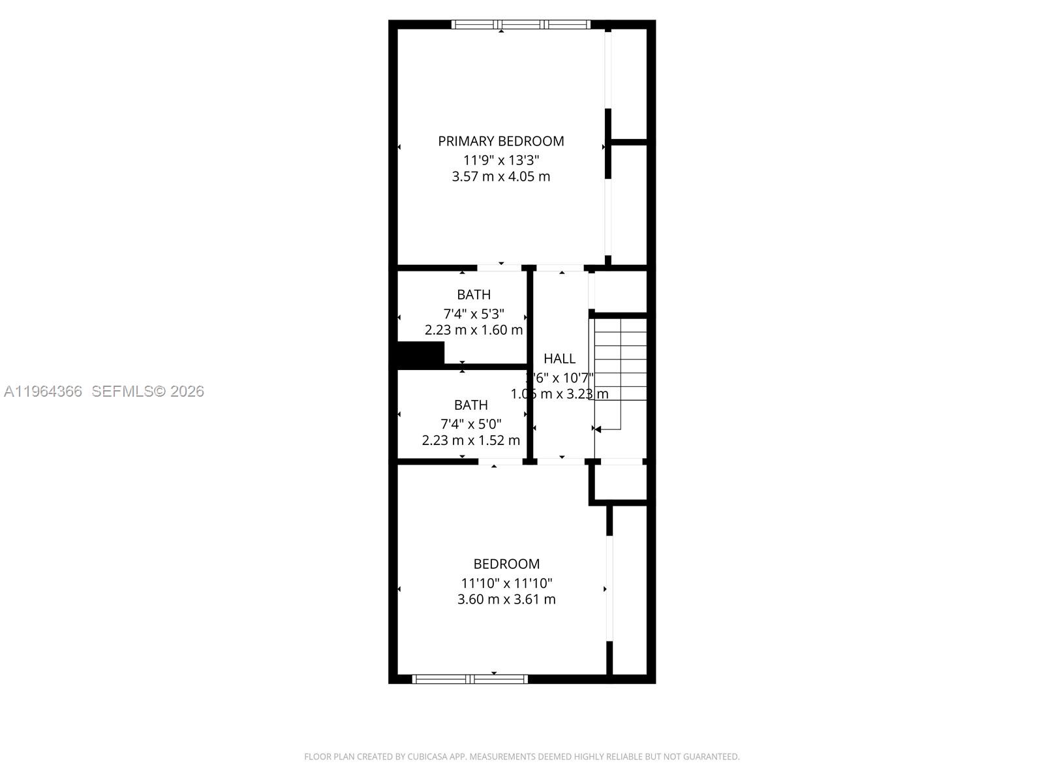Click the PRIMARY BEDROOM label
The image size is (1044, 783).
pyautogui.click(x=500, y=141)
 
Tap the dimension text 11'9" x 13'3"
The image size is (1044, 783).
pyautogui.click(x=501, y=160)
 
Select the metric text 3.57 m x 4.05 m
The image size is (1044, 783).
pyautogui.click(x=500, y=177)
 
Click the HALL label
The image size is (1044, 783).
pyautogui.click(x=559, y=358)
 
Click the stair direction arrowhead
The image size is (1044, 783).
pyautogui.click(x=597, y=429)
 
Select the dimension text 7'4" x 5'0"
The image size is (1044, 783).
pyautogui.click(x=471, y=423)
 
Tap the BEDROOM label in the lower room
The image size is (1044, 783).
pyautogui.click(x=506, y=564)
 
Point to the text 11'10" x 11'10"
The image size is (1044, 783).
pyautogui.click(x=506, y=583)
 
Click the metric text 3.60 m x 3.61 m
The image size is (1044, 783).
pyautogui.click(x=506, y=600)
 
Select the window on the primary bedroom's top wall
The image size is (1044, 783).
pyautogui.click(x=521, y=25)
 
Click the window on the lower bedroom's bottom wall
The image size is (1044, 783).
pyautogui.click(x=470, y=679)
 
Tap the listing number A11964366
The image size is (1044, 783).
pyautogui.click(x=43, y=391)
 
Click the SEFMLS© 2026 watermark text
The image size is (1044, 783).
pyautogui.click(x=147, y=391)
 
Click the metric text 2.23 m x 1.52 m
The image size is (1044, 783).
pyautogui.click(x=470, y=440)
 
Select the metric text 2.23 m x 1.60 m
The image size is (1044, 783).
pyautogui.click(x=474, y=330)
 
